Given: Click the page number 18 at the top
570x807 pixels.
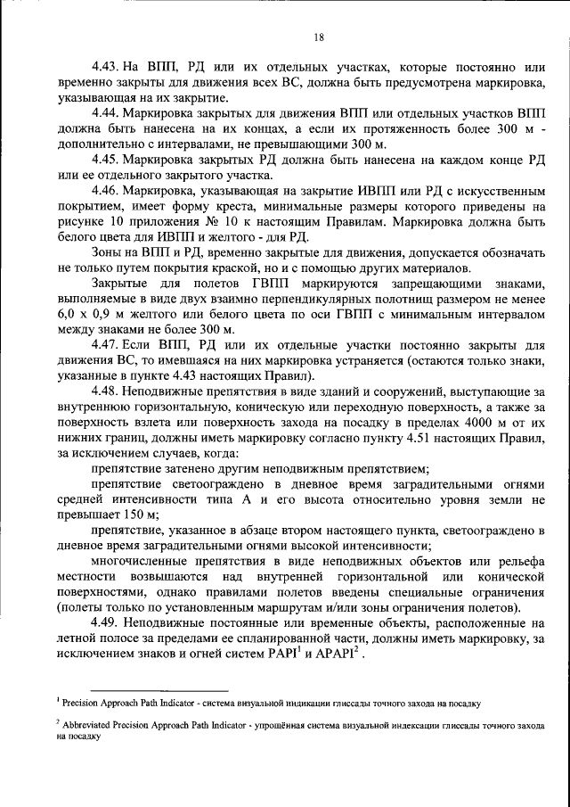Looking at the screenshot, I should coord(318,36).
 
